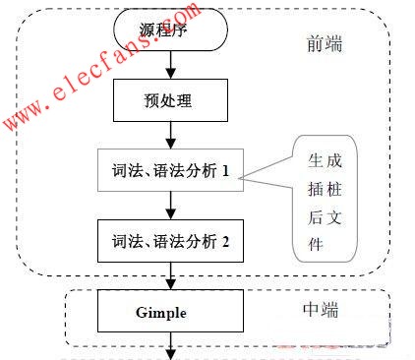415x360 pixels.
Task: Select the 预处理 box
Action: [171, 98]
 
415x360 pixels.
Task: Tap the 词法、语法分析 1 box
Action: [171, 170]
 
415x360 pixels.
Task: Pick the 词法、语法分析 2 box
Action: [171, 239]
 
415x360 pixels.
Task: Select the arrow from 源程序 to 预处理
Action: [171, 63]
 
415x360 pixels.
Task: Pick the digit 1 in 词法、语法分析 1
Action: [225, 171]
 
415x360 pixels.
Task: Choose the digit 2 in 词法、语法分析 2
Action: [225, 240]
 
